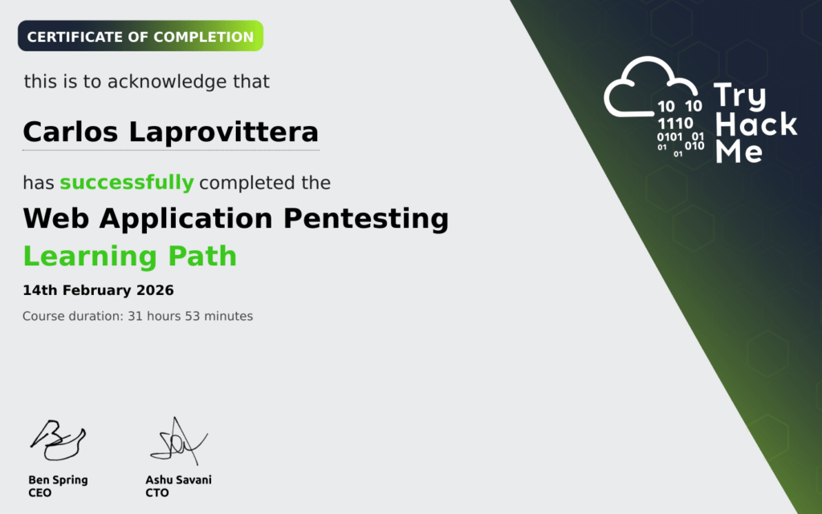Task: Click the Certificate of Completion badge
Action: pyautogui.click(x=140, y=36)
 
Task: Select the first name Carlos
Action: pyautogui.click(x=71, y=132)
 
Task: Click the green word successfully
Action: pyautogui.click(x=127, y=183)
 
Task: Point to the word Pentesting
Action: pyautogui.click(x=366, y=219)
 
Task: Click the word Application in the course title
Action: pyautogui.click(x=186, y=219)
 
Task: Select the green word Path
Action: pyautogui.click(x=202, y=257)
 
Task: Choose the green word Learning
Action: pyautogui.click(x=90, y=257)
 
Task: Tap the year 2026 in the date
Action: pyautogui.click(x=155, y=290)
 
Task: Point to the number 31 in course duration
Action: pyautogui.click(x=135, y=316)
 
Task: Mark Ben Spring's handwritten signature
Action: pyautogui.click(x=58, y=440)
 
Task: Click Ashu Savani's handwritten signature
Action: pyautogui.click(x=179, y=441)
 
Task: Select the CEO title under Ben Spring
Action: pyautogui.click(x=40, y=493)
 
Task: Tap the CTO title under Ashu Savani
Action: pyautogui.click(x=157, y=493)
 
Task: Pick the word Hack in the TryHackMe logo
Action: pyautogui.click(x=756, y=124)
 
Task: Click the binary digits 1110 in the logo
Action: pyautogui.click(x=675, y=123)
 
